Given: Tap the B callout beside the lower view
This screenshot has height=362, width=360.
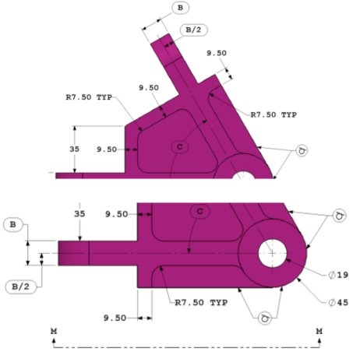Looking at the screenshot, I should click(14, 225).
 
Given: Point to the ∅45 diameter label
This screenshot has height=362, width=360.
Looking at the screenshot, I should click(337, 301).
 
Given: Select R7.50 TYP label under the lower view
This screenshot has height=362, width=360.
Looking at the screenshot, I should click(199, 301).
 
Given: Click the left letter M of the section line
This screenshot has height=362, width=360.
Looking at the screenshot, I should click(53, 332).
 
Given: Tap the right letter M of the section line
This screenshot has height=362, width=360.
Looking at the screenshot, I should click(319, 332).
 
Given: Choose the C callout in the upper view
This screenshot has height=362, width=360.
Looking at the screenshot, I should click(179, 146).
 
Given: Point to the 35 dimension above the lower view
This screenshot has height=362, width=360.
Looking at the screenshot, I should click(79, 212).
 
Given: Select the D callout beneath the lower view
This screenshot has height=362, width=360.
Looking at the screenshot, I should click(265, 317).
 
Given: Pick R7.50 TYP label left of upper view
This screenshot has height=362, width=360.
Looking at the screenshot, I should click(89, 99).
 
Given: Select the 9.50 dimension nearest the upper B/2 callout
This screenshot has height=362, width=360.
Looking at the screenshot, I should click(217, 54).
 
